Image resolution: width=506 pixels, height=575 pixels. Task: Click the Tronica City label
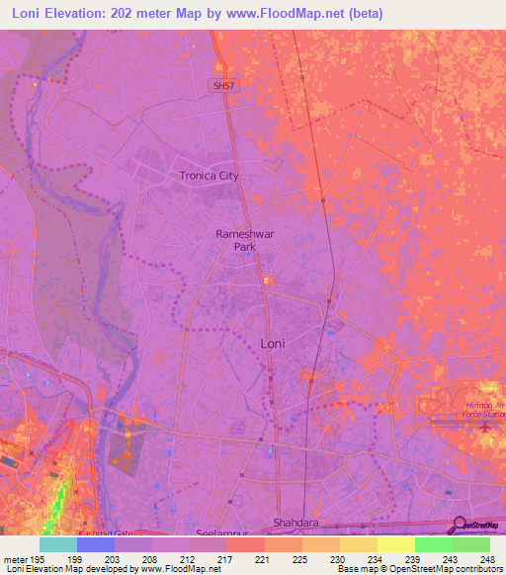[209, 176]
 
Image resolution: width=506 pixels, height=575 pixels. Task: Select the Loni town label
[275, 343]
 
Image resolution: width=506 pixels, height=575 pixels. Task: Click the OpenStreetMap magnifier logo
[459, 526]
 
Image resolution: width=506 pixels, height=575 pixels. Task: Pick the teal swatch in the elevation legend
[58, 544]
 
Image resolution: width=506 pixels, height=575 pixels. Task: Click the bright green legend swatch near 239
[434, 544]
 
